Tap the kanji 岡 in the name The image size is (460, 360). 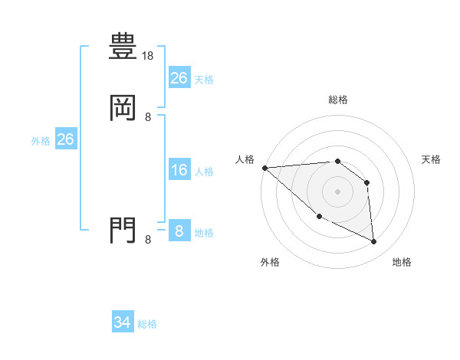(123, 109)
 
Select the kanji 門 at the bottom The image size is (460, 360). (123, 231)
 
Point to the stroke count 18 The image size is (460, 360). (148, 56)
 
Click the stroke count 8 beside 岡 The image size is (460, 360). (148, 117)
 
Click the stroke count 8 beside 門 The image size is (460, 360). (148, 240)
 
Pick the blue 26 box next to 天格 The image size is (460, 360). (179, 78)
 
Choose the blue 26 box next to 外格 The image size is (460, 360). (65, 139)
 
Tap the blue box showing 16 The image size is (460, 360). (179, 170)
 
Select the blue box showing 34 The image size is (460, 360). (123, 323)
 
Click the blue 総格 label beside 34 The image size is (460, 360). (147, 325)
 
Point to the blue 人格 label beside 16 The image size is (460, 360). (205, 172)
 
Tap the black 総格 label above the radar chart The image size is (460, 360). (337, 100)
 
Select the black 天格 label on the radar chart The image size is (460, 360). (432, 159)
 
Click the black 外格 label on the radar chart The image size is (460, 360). (270, 262)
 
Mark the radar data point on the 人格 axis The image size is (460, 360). (264, 168)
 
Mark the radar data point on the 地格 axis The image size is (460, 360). (374, 242)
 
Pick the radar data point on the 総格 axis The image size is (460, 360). (337, 162)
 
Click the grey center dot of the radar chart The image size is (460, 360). (337, 191)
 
